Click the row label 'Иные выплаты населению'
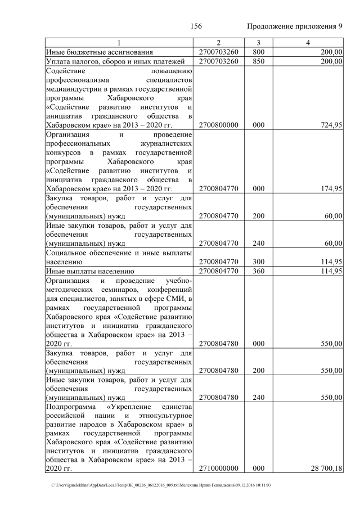click(x=89, y=271)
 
